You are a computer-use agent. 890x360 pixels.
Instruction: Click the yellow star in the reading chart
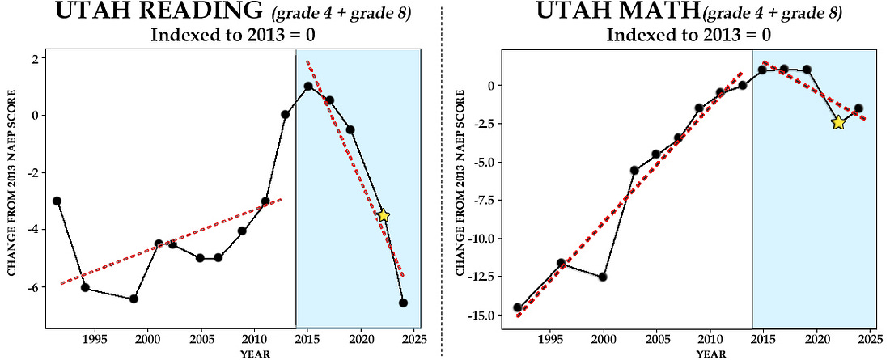point(384,215)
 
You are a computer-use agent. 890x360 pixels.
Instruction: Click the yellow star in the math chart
point(837,122)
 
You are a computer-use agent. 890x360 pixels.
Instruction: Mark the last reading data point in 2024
point(403,303)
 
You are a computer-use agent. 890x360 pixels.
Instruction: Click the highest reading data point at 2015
point(308,86)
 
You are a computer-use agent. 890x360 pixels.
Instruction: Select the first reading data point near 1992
point(57,201)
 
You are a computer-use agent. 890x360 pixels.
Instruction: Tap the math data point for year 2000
point(603,277)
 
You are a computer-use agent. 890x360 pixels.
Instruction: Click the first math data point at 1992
point(518,307)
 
